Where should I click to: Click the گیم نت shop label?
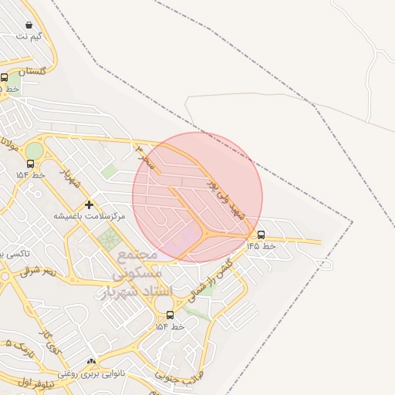(29, 36)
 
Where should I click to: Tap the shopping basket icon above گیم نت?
(29, 25)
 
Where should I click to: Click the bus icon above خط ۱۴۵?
(261, 235)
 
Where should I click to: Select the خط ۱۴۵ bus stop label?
(261, 245)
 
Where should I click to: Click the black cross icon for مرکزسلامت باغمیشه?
(89, 204)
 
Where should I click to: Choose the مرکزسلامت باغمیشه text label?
(89, 216)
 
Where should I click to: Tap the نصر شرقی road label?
(39, 271)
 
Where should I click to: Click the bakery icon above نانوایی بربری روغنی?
(91, 362)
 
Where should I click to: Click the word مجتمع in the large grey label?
(138, 254)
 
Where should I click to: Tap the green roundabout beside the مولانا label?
(35, 150)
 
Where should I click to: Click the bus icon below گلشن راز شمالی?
(170, 315)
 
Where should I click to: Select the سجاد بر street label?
(147, 155)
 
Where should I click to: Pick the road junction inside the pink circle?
(207, 234)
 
